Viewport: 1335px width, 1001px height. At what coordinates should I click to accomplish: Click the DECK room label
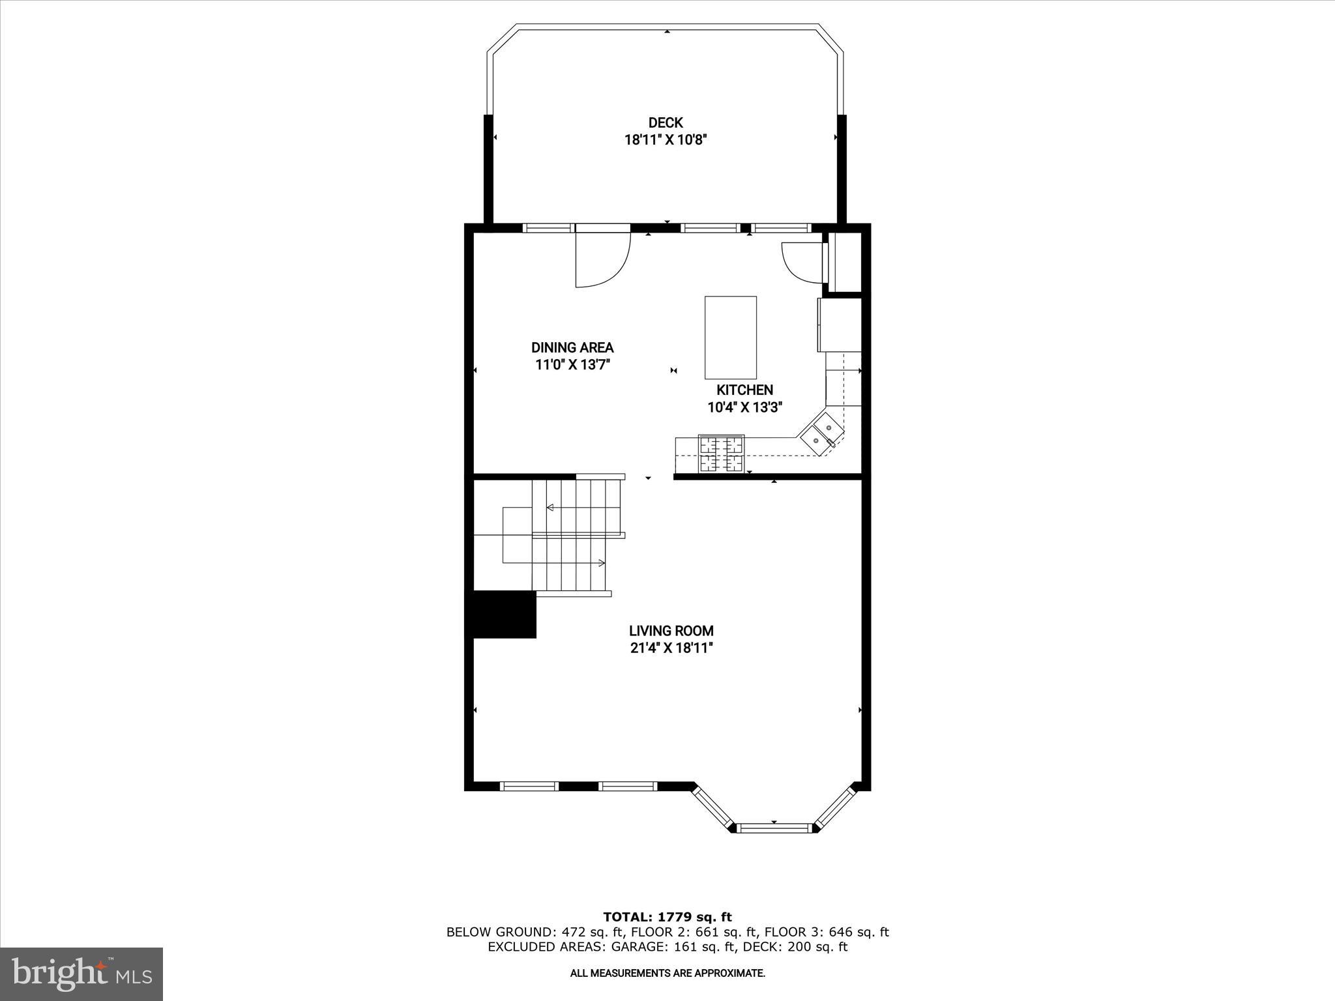(x=666, y=123)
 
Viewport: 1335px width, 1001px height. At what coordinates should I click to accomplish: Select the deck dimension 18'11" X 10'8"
(x=666, y=139)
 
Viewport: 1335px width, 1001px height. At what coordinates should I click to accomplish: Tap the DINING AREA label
(x=572, y=347)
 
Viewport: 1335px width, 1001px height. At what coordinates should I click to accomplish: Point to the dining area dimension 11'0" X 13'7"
(x=572, y=365)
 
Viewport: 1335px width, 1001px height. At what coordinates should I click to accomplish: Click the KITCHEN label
(x=744, y=390)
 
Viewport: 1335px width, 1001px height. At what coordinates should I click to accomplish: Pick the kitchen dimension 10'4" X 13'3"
(x=744, y=407)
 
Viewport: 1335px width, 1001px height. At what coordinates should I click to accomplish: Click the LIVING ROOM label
(x=671, y=630)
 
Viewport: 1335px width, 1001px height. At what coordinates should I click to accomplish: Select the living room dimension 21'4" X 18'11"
(x=671, y=648)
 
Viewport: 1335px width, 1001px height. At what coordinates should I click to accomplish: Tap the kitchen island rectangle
(x=730, y=337)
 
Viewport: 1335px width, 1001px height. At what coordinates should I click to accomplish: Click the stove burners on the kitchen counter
(x=721, y=454)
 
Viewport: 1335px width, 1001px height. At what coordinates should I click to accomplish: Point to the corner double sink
(x=822, y=433)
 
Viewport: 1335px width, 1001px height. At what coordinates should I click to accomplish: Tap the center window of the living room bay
(x=774, y=828)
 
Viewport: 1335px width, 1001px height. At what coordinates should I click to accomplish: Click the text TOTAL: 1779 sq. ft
(x=667, y=917)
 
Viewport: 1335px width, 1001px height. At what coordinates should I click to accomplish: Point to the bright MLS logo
(x=81, y=974)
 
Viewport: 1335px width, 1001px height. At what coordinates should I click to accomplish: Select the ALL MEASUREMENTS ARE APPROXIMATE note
(x=667, y=974)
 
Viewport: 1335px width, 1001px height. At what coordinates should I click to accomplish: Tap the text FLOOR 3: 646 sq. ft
(x=826, y=932)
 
